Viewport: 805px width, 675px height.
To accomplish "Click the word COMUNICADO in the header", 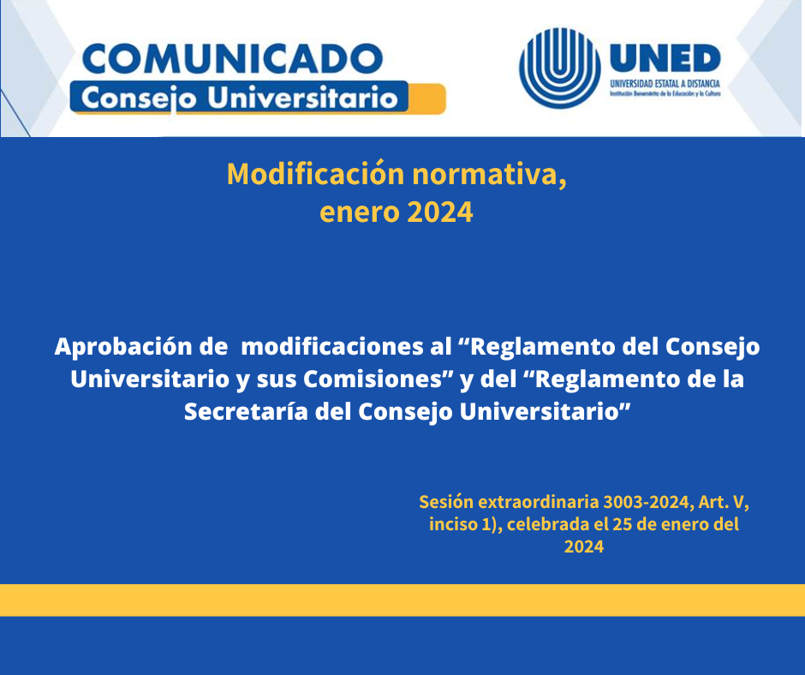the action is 233,58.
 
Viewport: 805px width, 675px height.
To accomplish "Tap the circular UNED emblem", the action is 559,68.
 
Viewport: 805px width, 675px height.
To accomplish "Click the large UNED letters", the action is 665,57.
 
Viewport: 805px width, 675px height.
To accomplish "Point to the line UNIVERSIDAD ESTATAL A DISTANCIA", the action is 665,84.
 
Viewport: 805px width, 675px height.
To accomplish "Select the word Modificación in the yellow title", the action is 316,175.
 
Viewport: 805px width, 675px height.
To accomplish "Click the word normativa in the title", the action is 489,176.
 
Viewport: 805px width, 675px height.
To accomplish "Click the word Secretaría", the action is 246,411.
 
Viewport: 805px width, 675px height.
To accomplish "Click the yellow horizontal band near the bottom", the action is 402,600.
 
